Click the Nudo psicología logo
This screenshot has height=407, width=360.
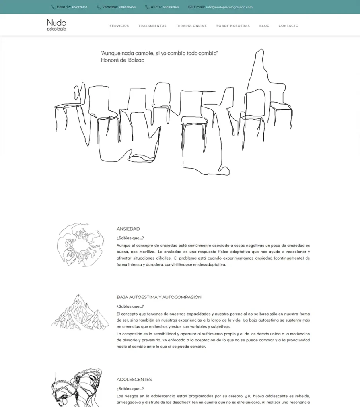click(x=56, y=25)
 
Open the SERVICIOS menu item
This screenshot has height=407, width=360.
click(x=119, y=26)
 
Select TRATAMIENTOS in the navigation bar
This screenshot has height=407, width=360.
click(x=152, y=26)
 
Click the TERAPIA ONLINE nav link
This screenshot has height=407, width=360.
click(x=191, y=26)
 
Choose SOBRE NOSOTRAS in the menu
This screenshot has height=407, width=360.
click(x=233, y=26)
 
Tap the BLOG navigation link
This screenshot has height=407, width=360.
click(x=264, y=26)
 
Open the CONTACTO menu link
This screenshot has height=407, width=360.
click(x=288, y=26)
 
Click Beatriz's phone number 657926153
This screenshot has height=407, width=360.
click(x=80, y=7)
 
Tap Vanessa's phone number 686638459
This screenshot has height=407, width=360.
click(x=127, y=7)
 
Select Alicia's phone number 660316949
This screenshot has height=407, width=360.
click(x=171, y=7)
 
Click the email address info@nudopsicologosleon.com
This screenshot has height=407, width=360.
click(x=229, y=7)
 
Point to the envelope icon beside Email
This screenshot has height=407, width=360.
click(x=190, y=7)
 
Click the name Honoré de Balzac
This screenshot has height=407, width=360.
click(x=123, y=60)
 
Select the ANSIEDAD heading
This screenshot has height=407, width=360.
click(x=128, y=229)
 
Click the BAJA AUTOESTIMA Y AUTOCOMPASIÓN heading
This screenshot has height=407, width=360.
click(x=159, y=297)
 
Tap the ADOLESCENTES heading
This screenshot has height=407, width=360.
click(x=134, y=380)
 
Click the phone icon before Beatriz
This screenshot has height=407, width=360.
click(x=53, y=7)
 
